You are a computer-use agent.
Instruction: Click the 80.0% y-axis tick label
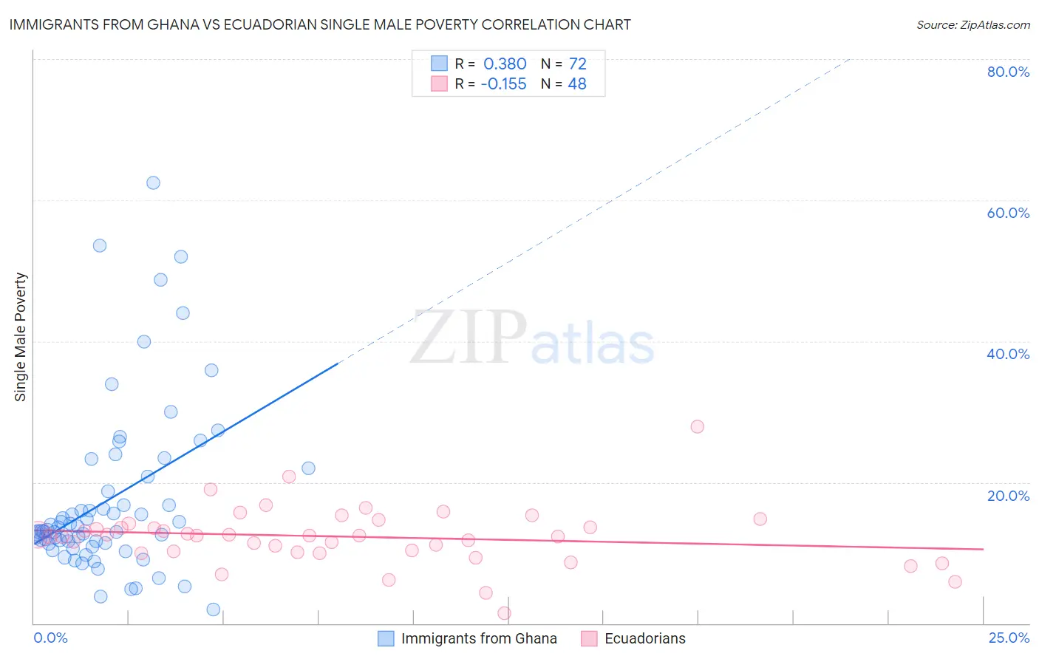coord(1008,72)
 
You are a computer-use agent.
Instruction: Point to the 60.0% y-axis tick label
coord(1008,213)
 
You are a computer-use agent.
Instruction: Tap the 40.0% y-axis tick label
coord(1008,354)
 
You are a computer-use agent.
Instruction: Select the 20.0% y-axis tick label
coord(1008,496)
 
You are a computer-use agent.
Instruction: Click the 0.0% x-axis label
coord(50,638)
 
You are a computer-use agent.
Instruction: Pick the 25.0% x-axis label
coord(1009,638)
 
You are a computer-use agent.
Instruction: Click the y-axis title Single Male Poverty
coord(21,337)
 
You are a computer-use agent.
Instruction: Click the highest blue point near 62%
coord(153,182)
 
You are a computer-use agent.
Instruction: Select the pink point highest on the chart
coord(697,426)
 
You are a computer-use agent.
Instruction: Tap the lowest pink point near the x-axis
coord(504,612)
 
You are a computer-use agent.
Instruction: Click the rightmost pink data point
coord(955,581)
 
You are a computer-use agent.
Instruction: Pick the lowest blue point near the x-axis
coord(214,610)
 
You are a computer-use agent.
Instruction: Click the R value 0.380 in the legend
coord(505,64)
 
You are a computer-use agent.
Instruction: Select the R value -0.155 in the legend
coord(503,84)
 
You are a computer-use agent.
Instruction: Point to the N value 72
coord(577,64)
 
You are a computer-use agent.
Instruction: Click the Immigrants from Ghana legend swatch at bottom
coord(386,638)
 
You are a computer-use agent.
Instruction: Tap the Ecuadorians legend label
coord(644,638)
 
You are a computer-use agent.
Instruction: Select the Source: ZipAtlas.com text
coord(972,25)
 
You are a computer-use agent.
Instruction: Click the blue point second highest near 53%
coord(100,245)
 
